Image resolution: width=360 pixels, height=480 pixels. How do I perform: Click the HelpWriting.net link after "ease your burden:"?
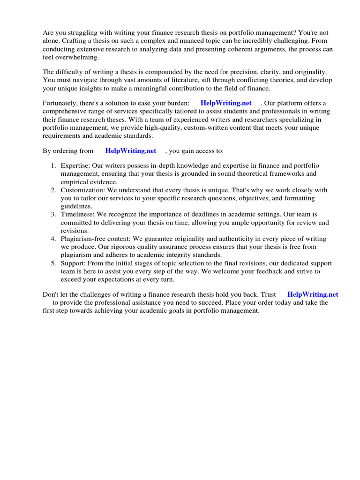tap(226, 103)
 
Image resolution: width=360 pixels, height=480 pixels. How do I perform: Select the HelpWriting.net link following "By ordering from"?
tap(131, 151)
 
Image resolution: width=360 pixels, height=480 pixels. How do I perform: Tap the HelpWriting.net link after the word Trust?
tap(313, 294)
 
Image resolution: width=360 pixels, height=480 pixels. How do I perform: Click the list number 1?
tap(53, 166)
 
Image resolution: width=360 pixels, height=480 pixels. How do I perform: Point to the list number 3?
tap(53, 214)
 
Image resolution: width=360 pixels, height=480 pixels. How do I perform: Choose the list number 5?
tap(53, 263)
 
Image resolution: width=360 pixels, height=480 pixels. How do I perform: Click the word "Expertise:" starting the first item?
tap(75, 166)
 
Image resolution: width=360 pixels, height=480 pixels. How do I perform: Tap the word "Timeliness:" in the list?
tap(78, 214)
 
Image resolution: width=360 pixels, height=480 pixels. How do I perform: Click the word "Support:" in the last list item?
tap(73, 263)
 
